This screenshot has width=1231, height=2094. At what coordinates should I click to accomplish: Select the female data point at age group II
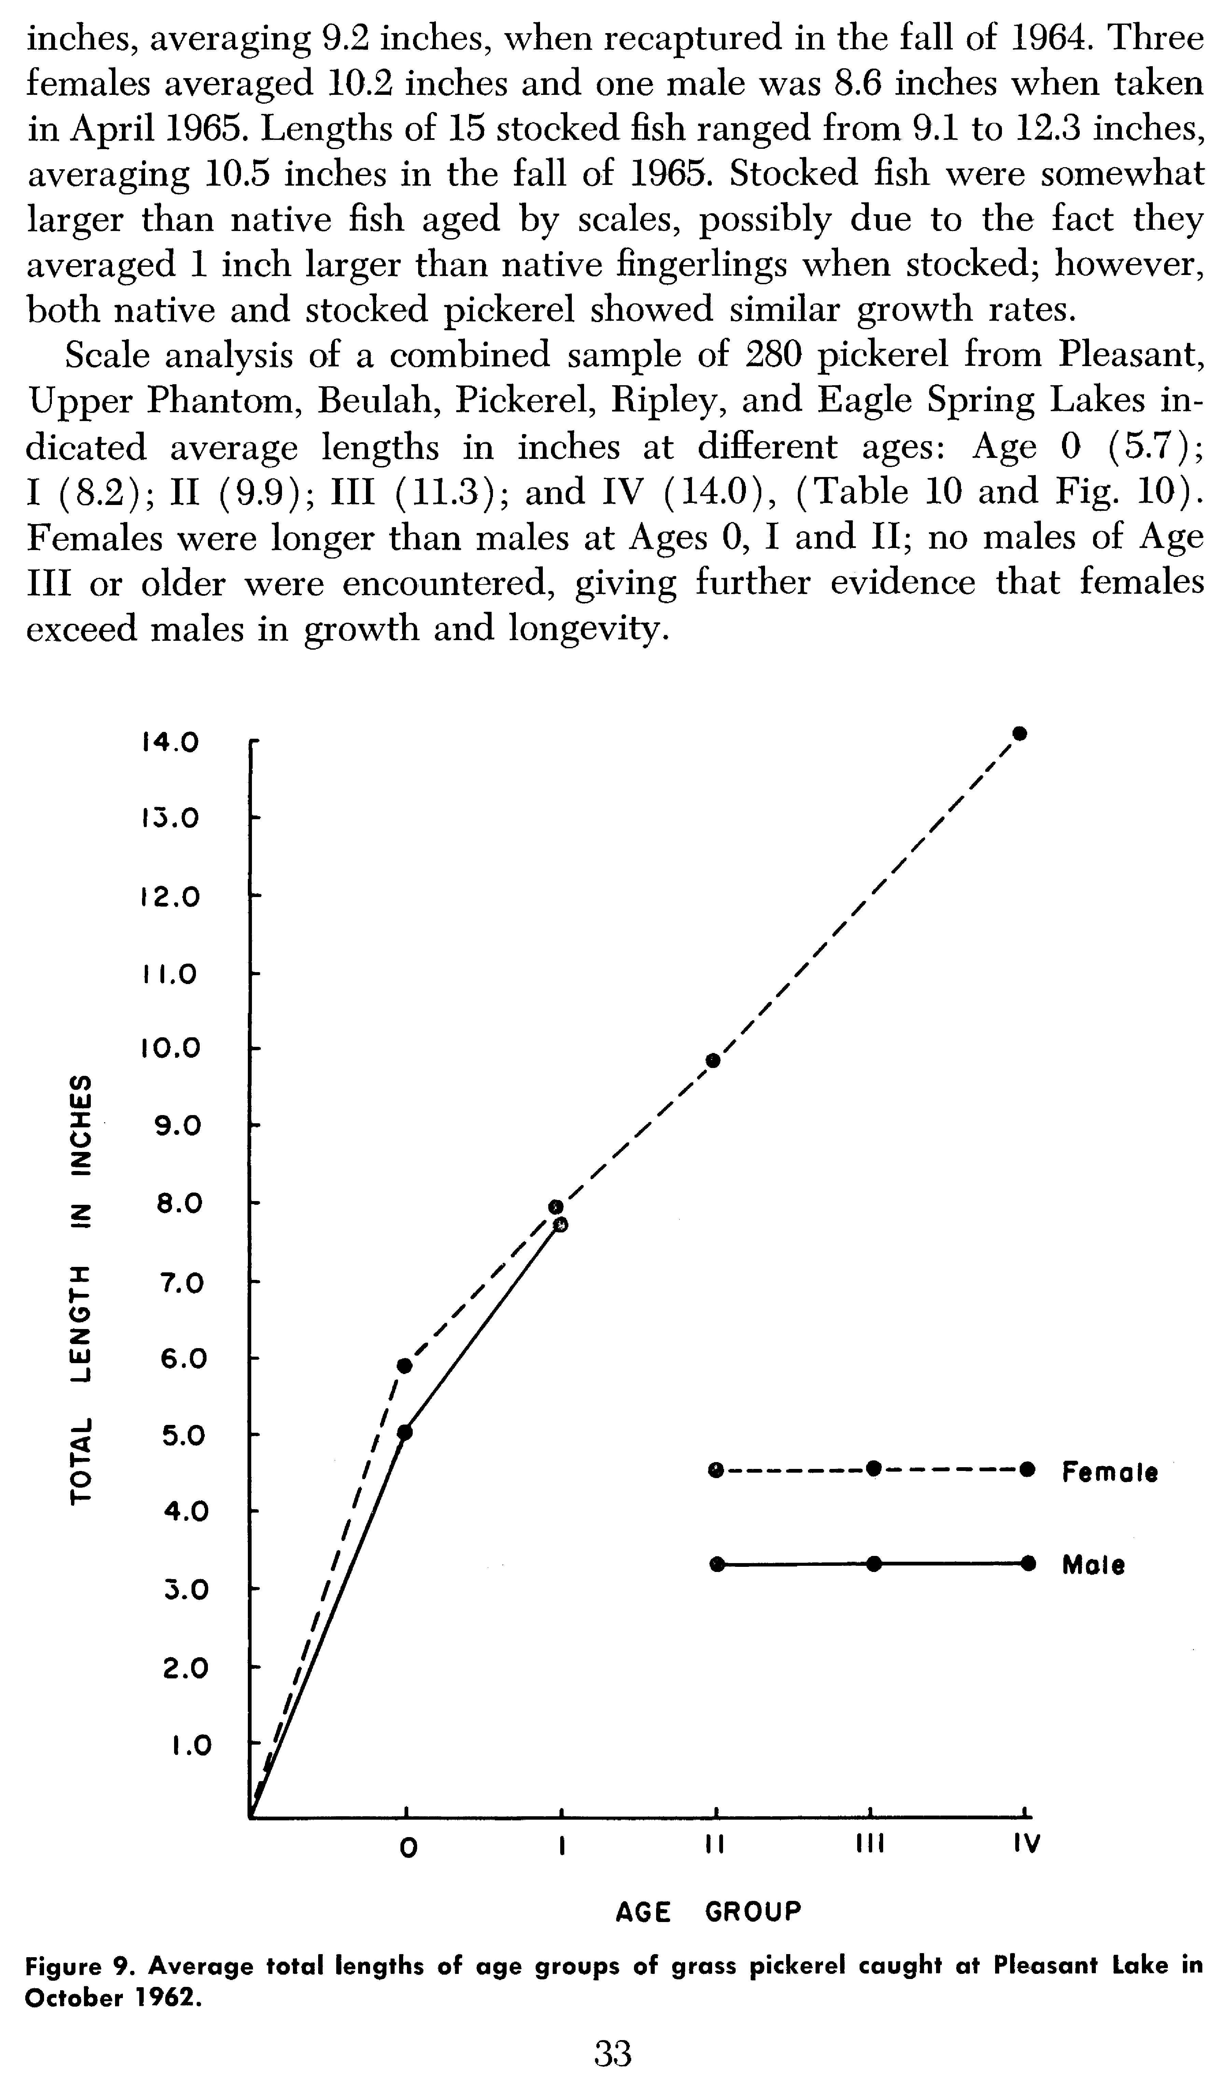[x=712, y=1060]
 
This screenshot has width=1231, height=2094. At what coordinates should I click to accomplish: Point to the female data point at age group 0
[x=405, y=1366]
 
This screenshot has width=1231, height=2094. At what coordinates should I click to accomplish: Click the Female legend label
[x=1110, y=1473]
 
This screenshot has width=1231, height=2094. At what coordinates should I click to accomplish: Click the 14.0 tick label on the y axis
[x=170, y=742]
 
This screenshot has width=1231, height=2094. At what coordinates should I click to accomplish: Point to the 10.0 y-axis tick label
[x=170, y=1049]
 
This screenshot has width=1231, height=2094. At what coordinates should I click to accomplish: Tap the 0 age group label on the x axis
[x=407, y=1846]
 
